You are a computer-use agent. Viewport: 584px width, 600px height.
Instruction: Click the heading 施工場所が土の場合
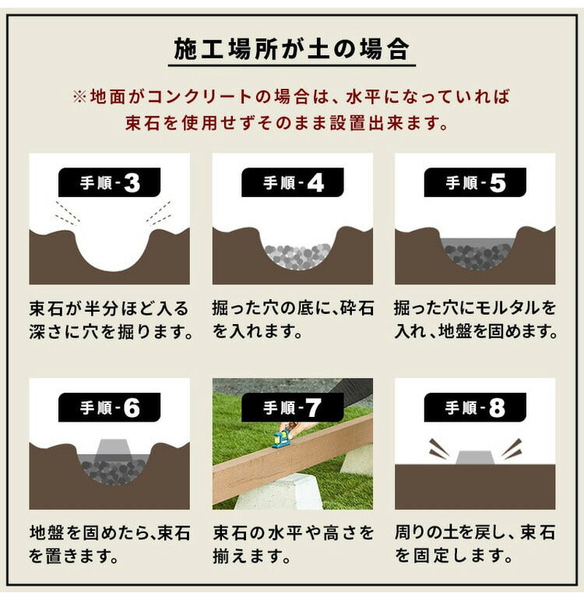click(x=292, y=49)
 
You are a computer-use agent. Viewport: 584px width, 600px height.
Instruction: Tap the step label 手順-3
click(x=110, y=183)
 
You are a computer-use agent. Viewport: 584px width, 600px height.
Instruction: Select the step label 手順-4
click(x=293, y=183)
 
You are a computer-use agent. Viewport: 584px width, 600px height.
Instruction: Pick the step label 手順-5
click(x=475, y=183)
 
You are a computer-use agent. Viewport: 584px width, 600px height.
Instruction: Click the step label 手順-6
click(x=110, y=408)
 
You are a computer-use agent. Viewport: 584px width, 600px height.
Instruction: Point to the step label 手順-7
click(x=293, y=408)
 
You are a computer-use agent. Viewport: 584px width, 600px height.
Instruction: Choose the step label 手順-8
click(x=475, y=408)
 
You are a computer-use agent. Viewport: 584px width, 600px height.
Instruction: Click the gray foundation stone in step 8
click(x=475, y=456)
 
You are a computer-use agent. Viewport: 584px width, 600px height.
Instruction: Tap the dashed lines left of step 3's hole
click(x=66, y=212)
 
